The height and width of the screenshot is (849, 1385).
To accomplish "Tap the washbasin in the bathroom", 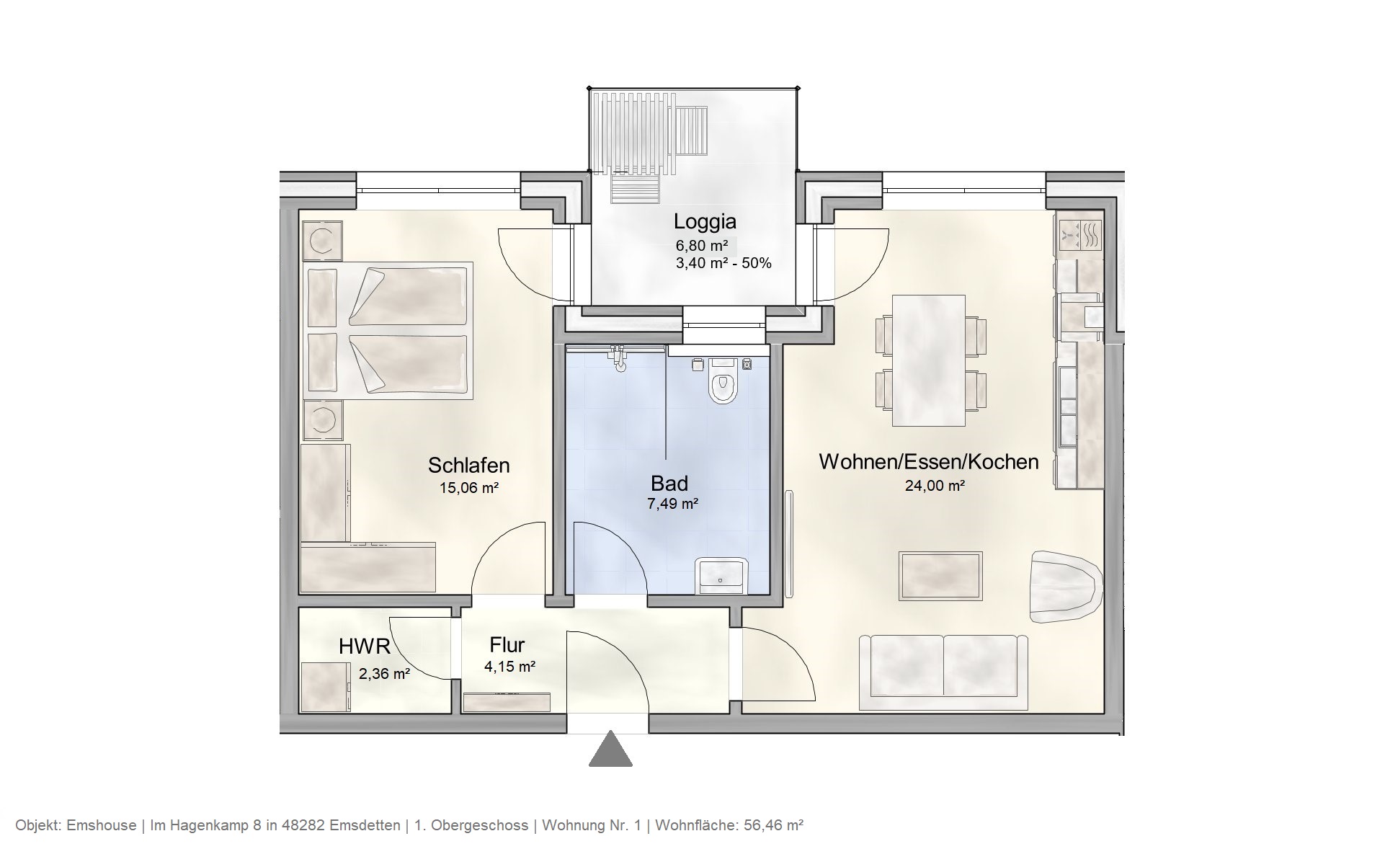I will [722, 574].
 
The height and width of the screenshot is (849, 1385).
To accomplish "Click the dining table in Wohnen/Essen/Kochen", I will [928, 360].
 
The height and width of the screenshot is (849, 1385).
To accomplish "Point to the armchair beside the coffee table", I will [1065, 587].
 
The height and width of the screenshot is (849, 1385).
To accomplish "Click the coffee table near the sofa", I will [940, 576].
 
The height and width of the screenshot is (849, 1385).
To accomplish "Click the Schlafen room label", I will [469, 465].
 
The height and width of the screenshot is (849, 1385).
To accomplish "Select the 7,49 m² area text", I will [672, 504].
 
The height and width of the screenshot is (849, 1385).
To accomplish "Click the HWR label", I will [364, 646].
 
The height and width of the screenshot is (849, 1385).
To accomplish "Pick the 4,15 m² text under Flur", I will [509, 667].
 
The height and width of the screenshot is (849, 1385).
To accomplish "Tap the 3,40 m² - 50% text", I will [723, 263].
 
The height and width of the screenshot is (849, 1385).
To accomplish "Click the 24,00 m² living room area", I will [935, 486].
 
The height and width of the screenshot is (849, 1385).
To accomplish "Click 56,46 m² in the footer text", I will [771, 825].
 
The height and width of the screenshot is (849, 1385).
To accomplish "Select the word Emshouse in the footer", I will [101, 825].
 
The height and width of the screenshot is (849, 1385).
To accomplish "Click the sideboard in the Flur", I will [507, 702].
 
